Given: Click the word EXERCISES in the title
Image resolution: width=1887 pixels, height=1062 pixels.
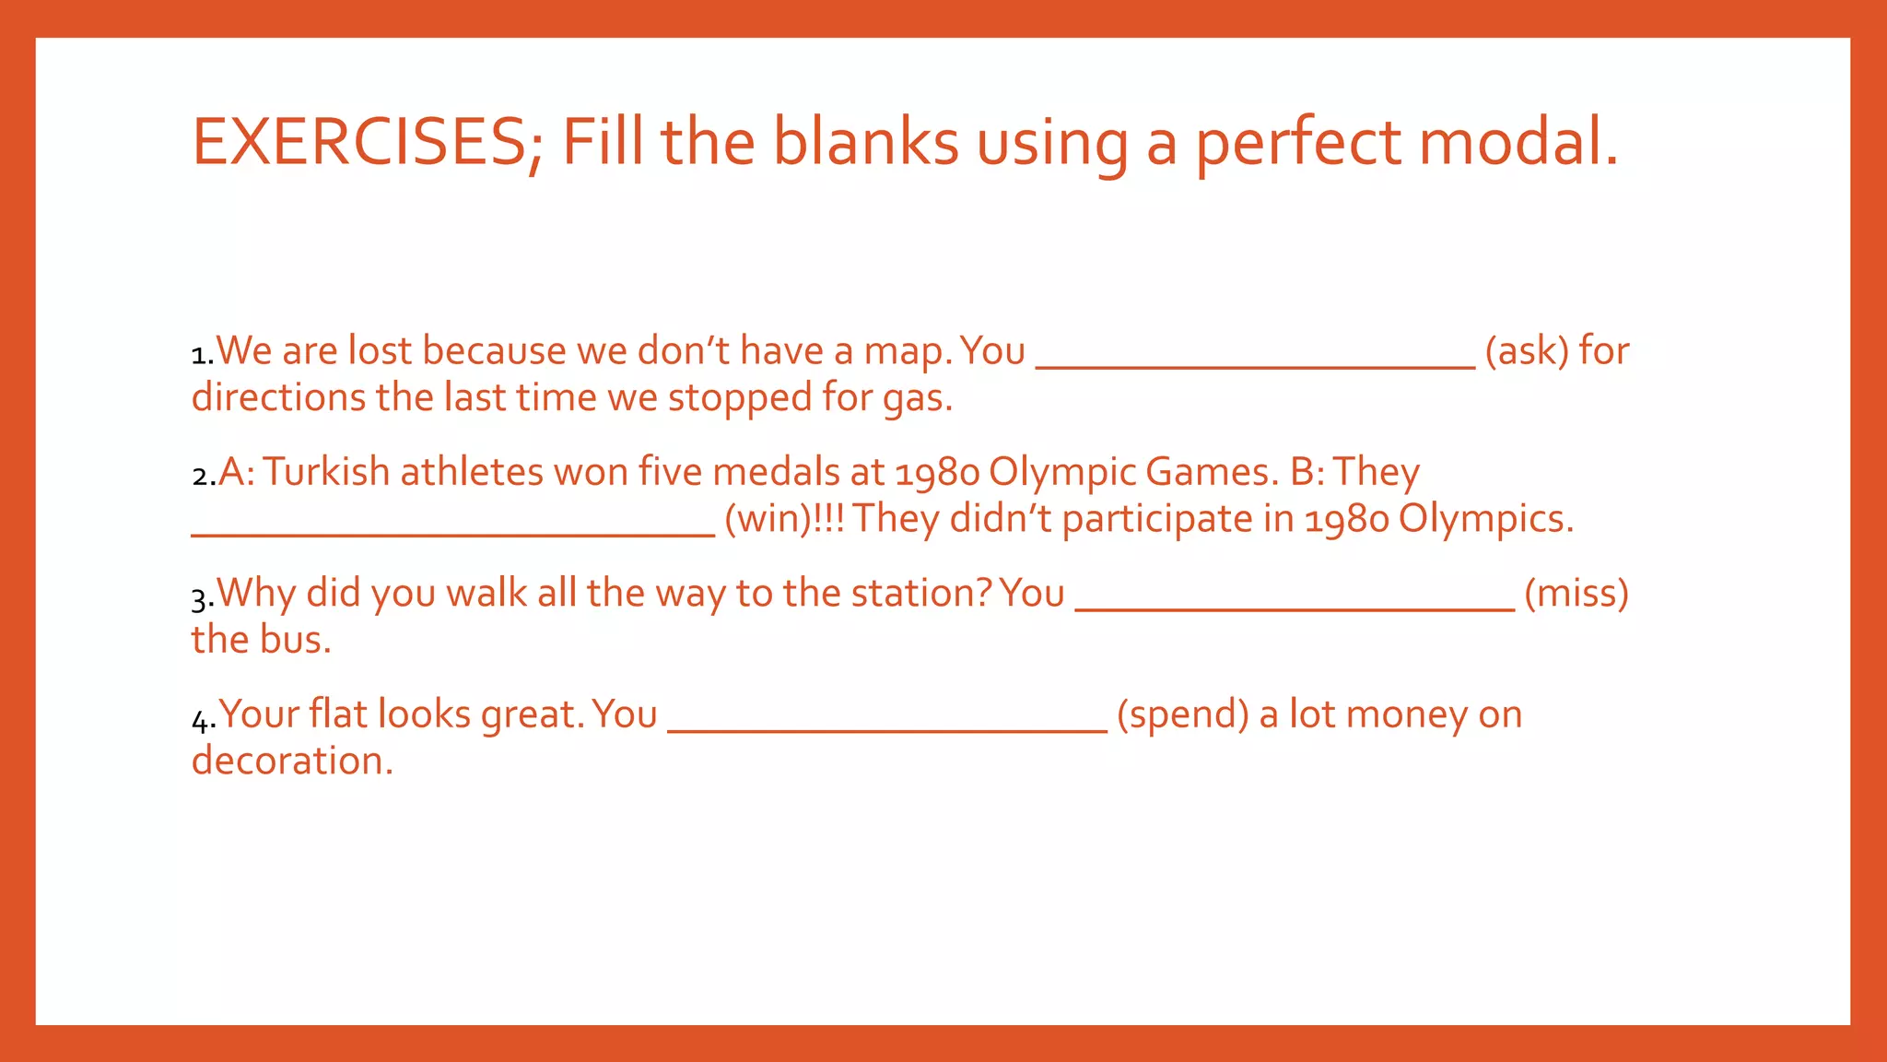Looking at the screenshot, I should pos(359,143).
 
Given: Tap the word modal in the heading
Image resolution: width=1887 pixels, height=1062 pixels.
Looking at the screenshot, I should pos(1518,143).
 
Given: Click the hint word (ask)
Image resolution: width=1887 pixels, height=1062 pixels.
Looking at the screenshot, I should pos(1526,351).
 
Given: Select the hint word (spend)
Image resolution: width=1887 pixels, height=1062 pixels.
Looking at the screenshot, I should pos(1183,714).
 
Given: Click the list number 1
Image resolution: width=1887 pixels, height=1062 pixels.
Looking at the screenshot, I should pos(201,354).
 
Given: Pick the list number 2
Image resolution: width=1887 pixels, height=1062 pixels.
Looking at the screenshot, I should pos(202,476).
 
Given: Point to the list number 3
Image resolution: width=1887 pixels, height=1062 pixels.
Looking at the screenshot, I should pos(201,597).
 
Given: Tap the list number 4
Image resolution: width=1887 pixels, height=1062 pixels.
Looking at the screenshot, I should pos(202,718).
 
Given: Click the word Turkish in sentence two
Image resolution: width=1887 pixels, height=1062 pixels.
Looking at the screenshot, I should pos(327,472).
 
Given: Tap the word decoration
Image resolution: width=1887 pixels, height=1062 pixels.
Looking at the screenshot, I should pos(292,761).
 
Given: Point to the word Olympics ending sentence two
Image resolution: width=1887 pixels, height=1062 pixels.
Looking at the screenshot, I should pos(1484,519).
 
